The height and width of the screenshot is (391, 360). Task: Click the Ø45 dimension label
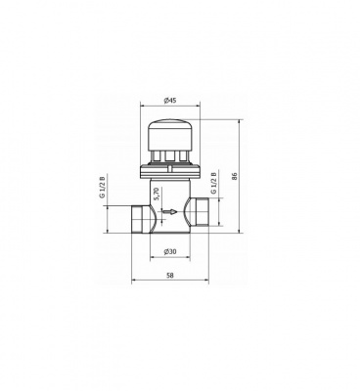point(170,100)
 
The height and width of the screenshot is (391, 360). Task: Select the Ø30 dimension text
point(170,253)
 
